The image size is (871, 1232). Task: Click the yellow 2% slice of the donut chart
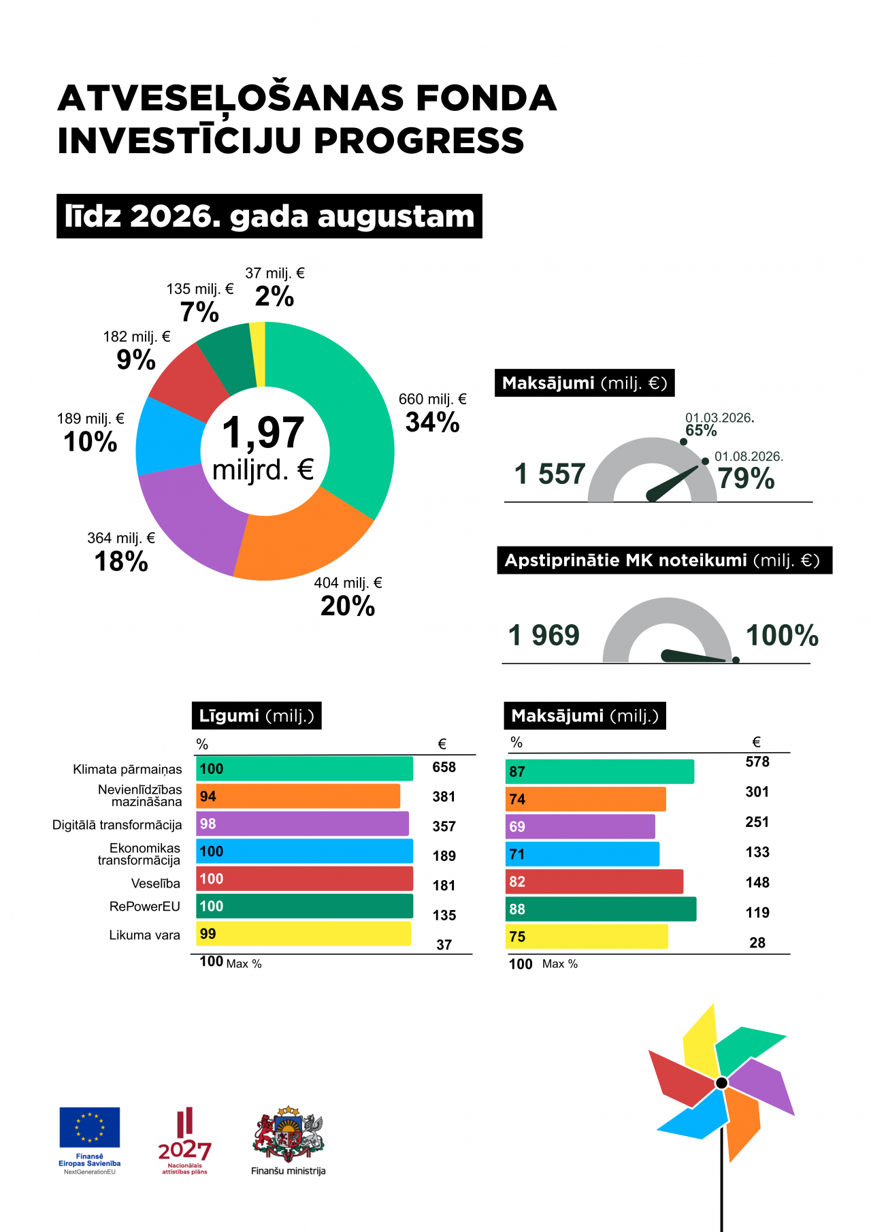(257, 354)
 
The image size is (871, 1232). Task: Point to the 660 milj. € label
(433, 400)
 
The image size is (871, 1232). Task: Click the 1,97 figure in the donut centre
(263, 433)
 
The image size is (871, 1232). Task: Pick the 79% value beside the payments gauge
(746, 479)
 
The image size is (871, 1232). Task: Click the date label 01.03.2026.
(719, 418)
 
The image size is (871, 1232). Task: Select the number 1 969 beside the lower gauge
(544, 635)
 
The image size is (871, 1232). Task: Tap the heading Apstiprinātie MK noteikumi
(626, 560)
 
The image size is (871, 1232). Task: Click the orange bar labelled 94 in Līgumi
(298, 796)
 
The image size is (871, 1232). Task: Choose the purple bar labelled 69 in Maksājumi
(580, 826)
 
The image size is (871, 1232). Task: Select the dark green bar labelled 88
(602, 909)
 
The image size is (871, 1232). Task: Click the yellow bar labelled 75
(587, 937)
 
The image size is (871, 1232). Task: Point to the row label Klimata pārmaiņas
(127, 770)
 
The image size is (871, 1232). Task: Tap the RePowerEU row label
(145, 907)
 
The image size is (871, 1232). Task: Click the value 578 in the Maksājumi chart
(757, 762)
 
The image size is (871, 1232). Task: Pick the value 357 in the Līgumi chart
(444, 826)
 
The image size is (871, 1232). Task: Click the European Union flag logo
(89, 1127)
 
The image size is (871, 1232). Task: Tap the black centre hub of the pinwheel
(722, 1083)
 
